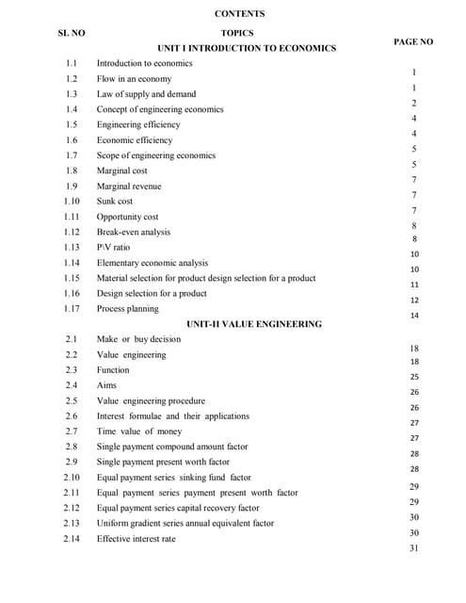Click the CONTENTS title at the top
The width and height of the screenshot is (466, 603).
pyautogui.click(x=239, y=14)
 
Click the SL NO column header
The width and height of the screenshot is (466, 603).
pyautogui.click(x=72, y=33)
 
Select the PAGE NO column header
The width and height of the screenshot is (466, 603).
pyautogui.click(x=413, y=41)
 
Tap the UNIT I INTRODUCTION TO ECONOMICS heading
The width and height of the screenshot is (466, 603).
pyautogui.click(x=247, y=47)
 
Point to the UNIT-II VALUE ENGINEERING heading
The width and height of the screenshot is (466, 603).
pyautogui.click(x=254, y=323)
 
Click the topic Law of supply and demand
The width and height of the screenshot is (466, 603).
pyautogui.click(x=147, y=94)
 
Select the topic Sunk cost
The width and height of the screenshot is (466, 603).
pyautogui.click(x=115, y=201)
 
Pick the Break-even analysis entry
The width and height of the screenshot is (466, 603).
pyautogui.click(x=134, y=232)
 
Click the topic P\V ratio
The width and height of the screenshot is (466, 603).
pyautogui.click(x=114, y=247)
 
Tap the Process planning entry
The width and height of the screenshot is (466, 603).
pyautogui.click(x=128, y=308)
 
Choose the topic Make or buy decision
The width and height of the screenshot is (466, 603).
pyautogui.click(x=138, y=339)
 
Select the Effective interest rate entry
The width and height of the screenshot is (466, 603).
pyautogui.click(x=136, y=539)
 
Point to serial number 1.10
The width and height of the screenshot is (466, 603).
pyautogui.click(x=72, y=201)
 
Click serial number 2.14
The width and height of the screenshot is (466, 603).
pyautogui.click(x=72, y=539)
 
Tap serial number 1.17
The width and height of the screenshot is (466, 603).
pyautogui.click(x=72, y=308)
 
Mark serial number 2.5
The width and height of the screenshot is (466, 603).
pyautogui.click(x=72, y=400)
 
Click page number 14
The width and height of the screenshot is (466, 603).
pyautogui.click(x=414, y=316)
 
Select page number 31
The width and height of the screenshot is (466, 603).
pyautogui.click(x=414, y=548)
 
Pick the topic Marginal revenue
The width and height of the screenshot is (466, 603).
pyautogui.click(x=129, y=186)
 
